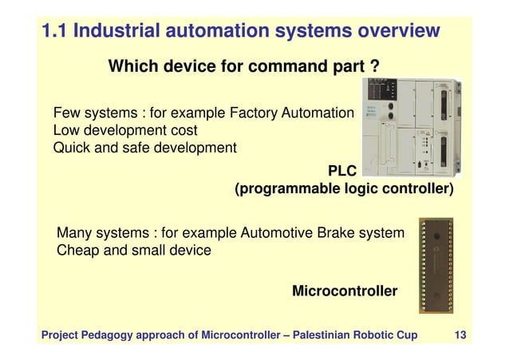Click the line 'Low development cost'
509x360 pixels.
125,129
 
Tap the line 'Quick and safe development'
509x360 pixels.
144,148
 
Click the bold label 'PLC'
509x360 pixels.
343,171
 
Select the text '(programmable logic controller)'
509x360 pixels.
343,190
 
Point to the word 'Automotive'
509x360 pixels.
278,233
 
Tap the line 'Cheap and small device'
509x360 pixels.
134,251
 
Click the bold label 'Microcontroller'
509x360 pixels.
344,291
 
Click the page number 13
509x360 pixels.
460,334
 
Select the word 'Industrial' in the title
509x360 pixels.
119,32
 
